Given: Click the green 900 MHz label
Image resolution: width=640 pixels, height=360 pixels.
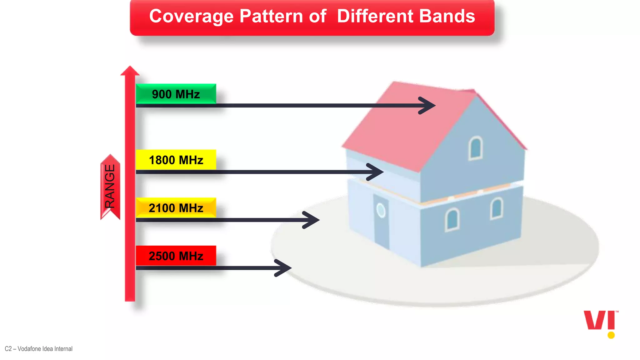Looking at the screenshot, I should click(176, 94).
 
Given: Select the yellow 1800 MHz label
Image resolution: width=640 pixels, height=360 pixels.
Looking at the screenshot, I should click(176, 160).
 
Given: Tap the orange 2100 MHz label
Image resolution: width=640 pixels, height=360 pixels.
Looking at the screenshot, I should click(176, 208).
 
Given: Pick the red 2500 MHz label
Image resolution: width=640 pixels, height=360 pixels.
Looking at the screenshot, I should click(176, 256).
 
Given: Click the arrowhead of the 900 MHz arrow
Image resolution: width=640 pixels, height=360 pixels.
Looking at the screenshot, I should click(430, 106).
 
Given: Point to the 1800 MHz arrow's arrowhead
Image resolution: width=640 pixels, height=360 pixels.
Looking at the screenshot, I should click(377, 172).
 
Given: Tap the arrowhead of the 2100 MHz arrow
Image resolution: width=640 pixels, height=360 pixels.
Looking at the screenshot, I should click(313, 220).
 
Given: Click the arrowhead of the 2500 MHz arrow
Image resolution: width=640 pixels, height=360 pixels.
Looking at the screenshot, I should click(285, 268).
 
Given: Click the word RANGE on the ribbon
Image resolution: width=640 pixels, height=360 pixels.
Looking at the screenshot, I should click(110, 187).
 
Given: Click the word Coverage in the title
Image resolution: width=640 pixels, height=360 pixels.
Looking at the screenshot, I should click(191, 16).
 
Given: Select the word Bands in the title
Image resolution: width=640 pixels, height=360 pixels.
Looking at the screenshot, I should click(447, 16).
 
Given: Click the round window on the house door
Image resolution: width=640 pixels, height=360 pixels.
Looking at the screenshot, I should click(381, 210).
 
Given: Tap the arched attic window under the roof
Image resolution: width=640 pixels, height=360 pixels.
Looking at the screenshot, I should click(476, 148).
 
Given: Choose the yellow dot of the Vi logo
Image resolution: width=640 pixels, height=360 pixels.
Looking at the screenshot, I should click(611, 335).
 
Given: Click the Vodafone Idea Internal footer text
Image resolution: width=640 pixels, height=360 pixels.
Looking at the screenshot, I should click(39, 349).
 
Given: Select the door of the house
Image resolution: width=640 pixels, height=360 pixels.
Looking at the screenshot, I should click(381, 223).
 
